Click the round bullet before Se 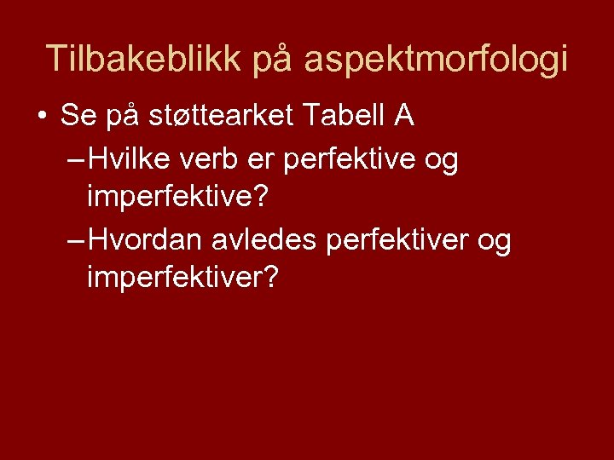(x=41, y=116)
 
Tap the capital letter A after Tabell (x=403, y=116)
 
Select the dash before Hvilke (x=74, y=159)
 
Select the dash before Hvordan (x=74, y=241)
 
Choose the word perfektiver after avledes (x=397, y=241)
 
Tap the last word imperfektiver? (x=182, y=280)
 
